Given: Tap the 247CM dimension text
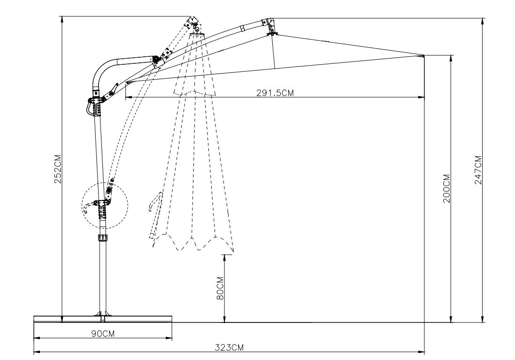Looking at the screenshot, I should [x=478, y=170].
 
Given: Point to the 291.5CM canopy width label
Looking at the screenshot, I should [x=275, y=92].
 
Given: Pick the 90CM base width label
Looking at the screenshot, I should [x=103, y=333].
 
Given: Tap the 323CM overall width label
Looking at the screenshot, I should [x=230, y=348].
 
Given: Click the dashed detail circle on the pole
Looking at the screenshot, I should [x=105, y=205].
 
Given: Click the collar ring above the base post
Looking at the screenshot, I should [x=102, y=238].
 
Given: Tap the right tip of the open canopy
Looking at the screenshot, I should [x=423, y=56].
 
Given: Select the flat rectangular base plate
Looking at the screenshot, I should [x=103, y=319].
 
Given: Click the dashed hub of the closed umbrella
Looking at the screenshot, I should [x=197, y=32].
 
